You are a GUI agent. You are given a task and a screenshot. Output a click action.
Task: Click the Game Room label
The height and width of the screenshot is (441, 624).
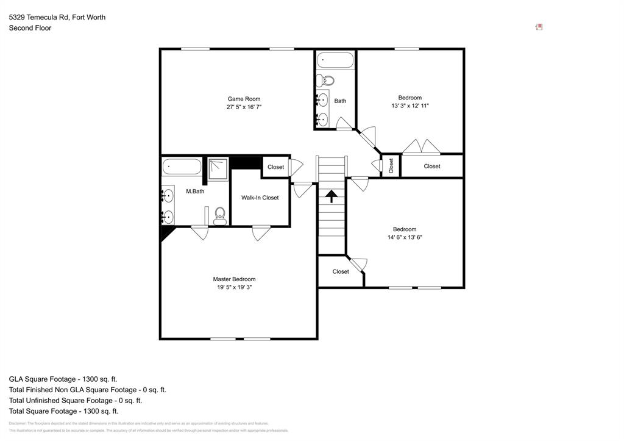pos(244,99)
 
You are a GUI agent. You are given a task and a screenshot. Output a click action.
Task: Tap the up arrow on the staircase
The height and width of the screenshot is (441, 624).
pos(331,196)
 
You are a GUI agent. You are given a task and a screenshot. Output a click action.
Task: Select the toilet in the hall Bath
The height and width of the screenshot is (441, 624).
pos(327,80)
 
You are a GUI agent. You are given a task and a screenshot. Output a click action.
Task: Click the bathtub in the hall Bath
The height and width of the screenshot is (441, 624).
pos(335,61)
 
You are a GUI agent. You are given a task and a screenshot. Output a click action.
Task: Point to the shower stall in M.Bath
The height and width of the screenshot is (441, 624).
pos(218,169)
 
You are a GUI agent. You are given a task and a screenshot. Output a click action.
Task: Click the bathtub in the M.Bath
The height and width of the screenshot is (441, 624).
pos(182,167)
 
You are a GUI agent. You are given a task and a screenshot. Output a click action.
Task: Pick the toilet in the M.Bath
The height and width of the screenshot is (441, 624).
pos(220,215)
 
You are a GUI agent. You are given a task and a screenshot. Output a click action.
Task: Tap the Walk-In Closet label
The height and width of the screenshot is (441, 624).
pos(260,198)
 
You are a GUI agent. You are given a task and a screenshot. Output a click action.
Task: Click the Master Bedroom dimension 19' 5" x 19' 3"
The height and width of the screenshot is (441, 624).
pos(234,287)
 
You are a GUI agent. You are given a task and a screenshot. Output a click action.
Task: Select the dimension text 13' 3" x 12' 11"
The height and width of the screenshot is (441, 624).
pos(409,106)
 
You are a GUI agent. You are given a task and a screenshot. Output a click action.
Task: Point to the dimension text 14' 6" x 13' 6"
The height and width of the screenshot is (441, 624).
pos(405,237)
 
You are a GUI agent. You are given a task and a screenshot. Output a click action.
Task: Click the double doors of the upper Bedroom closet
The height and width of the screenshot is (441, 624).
pos(422,146)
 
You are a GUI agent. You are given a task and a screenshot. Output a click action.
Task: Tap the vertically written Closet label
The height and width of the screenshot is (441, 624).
pos(391,165)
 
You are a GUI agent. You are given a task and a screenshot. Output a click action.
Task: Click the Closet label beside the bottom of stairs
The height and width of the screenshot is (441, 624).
pos(341,271)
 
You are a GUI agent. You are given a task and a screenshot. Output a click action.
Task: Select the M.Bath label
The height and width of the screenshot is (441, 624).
pos(195,192)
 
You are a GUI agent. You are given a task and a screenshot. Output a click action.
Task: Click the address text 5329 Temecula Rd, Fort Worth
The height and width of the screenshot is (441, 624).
pos(57,17)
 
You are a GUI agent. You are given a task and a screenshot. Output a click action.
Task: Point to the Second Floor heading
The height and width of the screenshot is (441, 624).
pos(30,28)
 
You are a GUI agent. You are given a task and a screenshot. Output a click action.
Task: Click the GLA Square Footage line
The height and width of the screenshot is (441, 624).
pos(63,379)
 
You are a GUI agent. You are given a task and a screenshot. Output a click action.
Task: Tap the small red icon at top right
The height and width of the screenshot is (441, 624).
pos(539,27)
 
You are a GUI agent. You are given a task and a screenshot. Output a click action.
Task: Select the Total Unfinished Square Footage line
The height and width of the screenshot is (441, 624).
pos(75,401)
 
